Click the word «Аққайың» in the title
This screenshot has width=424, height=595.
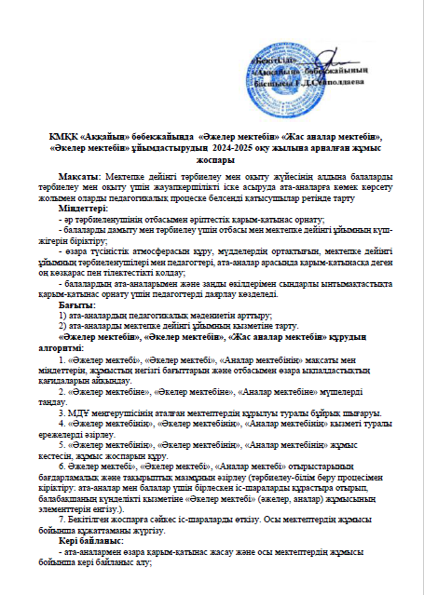pyautogui.click(x=110, y=136)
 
